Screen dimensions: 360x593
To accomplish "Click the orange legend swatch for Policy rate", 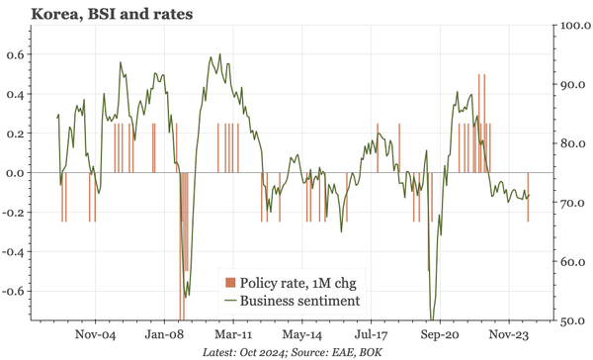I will pos(230,282).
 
